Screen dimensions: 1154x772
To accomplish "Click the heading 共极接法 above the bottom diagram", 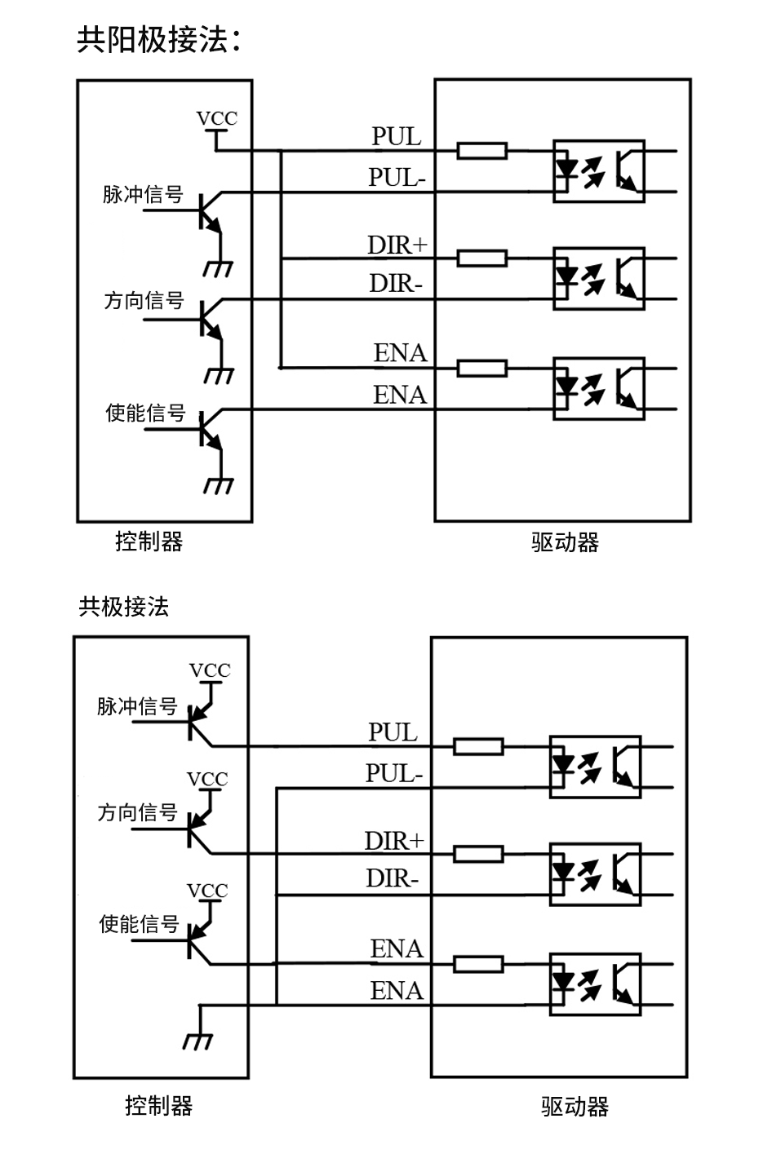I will coord(123,607).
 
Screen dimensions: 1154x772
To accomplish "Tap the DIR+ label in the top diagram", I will coord(397,245).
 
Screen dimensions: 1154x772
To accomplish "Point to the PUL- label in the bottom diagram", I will coord(394,773).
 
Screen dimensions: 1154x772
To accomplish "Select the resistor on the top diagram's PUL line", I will coord(481,151).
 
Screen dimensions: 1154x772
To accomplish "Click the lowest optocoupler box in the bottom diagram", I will coord(595,984).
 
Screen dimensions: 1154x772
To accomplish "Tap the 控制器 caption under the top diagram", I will coord(149,542).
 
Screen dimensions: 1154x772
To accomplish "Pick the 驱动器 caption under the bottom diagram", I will coord(575,1107).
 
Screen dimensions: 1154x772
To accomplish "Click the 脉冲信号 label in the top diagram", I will coord(143,196).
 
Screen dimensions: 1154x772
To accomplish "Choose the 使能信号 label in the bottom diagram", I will coord(139,924).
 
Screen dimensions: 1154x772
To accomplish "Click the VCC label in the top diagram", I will coord(217,119).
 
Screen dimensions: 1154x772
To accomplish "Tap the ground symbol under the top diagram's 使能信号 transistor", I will coord(219,485).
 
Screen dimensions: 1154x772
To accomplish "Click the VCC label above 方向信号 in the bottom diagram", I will coord(207,780).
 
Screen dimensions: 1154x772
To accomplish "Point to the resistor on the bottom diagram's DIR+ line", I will coord(478,854).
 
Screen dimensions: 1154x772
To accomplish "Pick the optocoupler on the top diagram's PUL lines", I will coord(598,171).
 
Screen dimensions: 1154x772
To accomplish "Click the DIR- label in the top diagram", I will coord(396,284).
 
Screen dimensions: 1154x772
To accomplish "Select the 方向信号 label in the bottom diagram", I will coord(137,813).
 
